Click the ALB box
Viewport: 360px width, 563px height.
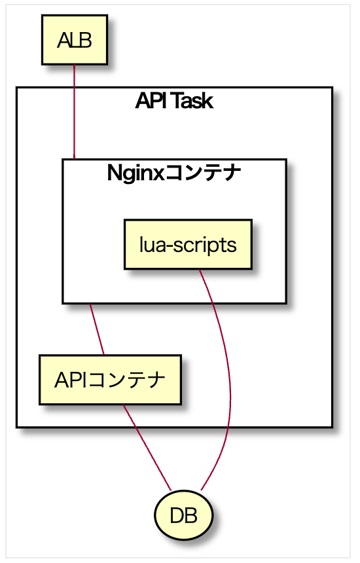75,40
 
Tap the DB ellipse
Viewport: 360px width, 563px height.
183,515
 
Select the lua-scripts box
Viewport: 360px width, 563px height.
188,244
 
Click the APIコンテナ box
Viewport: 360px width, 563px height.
110,380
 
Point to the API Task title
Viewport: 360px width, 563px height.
175,101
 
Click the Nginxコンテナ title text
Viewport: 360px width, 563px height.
174,173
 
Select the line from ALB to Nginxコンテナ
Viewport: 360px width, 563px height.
75,112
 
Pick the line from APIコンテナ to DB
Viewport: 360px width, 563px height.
147,447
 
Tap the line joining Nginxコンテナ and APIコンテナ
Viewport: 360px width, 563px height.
97,329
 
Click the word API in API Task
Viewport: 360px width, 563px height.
151,101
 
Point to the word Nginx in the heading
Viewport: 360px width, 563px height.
136,173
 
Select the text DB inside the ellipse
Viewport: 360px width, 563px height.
183,516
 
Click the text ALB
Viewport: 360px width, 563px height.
75,40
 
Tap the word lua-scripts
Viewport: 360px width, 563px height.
188,245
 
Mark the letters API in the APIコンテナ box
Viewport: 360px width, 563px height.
70,380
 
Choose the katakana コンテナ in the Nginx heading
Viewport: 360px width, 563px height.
203,173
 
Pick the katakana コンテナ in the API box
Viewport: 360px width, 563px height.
126,380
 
